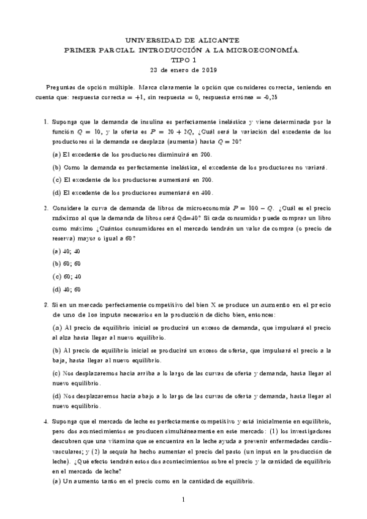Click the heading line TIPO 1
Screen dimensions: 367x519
[183, 60]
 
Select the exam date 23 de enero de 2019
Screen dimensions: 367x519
[183, 69]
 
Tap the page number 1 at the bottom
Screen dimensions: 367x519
[183, 501]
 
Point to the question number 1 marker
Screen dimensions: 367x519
[46, 123]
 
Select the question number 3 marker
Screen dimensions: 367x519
[46, 304]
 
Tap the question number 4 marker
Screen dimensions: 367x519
[46, 422]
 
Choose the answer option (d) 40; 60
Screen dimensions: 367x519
[66, 289]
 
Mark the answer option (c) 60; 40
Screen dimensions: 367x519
[66, 276]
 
